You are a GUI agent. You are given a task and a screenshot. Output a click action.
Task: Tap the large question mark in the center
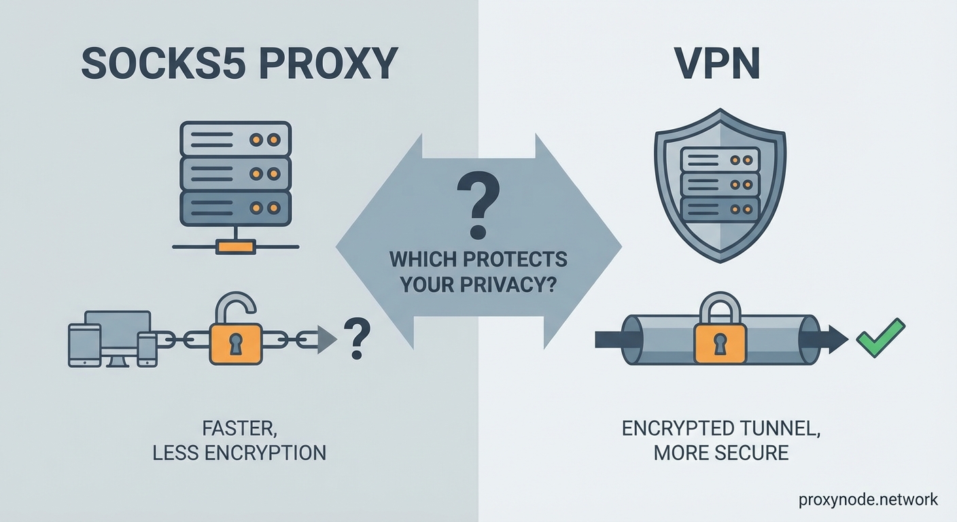point(477,204)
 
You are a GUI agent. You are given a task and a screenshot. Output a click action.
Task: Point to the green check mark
point(880,338)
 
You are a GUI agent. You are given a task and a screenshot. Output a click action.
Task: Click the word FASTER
point(239,429)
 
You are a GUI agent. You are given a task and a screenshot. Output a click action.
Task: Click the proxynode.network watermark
point(869,500)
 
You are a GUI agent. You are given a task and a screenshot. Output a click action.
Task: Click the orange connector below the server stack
point(235,246)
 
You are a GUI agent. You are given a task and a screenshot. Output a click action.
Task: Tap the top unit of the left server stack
point(235,139)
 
